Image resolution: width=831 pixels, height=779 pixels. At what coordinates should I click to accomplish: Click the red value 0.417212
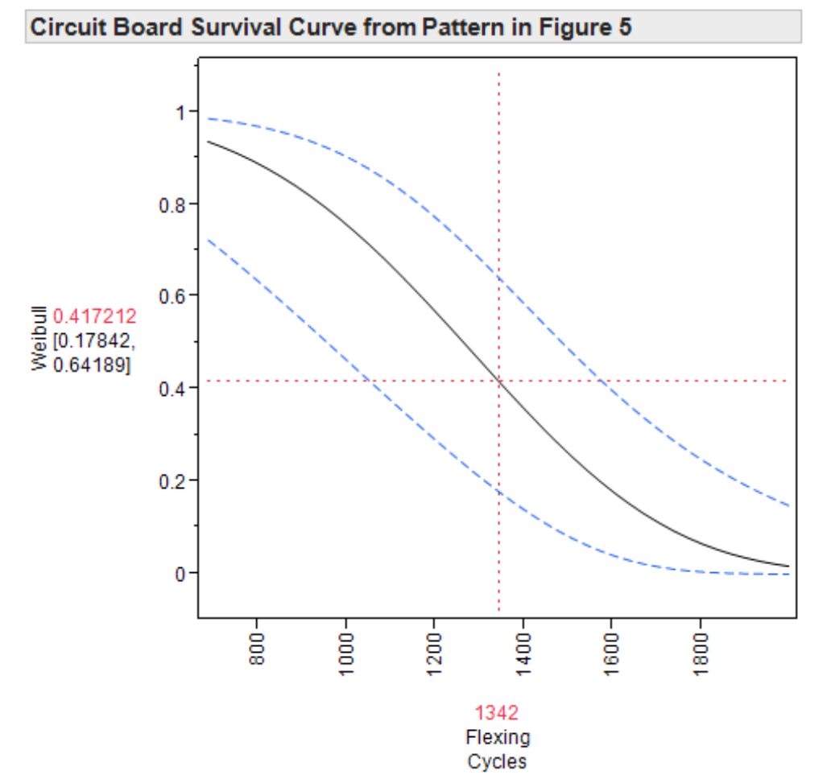click(x=94, y=316)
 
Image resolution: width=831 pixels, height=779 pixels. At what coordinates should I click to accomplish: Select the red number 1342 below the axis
click(x=497, y=712)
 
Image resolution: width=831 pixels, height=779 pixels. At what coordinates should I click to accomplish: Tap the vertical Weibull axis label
click(x=38, y=342)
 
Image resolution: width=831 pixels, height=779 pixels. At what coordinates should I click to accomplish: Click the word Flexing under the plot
click(x=498, y=737)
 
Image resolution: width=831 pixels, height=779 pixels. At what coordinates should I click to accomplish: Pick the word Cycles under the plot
click(x=497, y=762)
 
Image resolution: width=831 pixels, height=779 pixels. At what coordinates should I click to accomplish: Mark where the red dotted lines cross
click(x=499, y=381)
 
